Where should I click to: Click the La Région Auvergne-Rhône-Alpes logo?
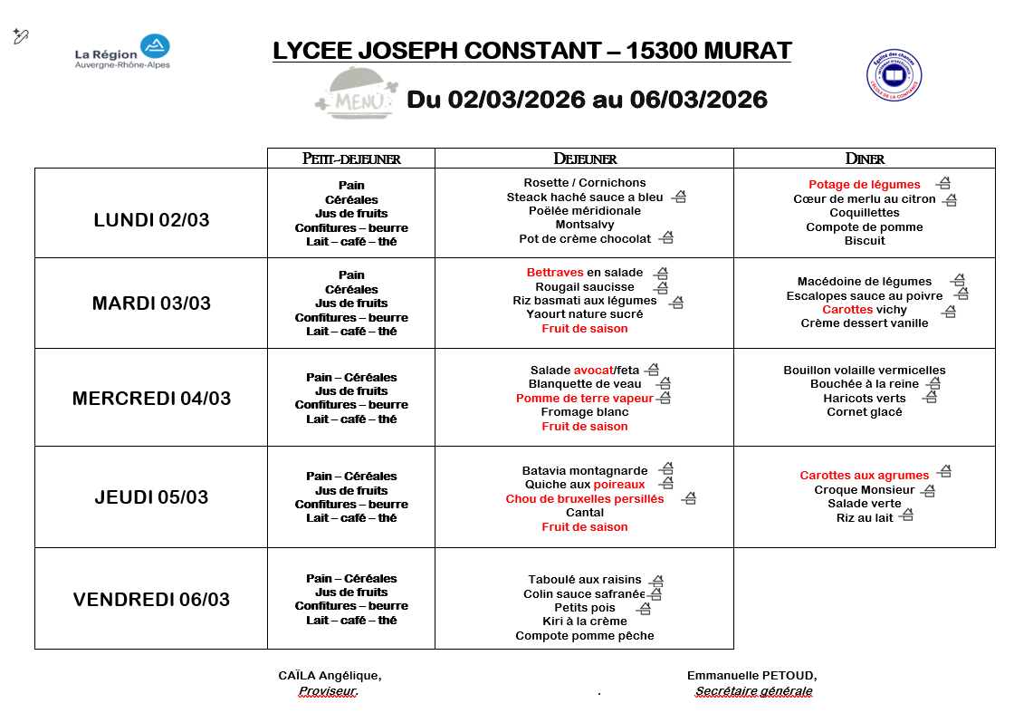pyautogui.click(x=122, y=53)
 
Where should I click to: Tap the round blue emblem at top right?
pyautogui.click(x=894, y=74)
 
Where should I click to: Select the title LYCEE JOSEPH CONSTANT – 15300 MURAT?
pyautogui.click(x=531, y=51)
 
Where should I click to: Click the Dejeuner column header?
pyautogui.click(x=584, y=159)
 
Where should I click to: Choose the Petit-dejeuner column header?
pyautogui.click(x=351, y=159)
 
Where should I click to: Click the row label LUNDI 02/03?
pyautogui.click(x=151, y=220)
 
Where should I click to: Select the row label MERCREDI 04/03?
pyautogui.click(x=151, y=398)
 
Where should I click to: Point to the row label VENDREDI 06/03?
pyautogui.click(x=151, y=599)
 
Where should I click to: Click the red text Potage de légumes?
pyautogui.click(x=864, y=185)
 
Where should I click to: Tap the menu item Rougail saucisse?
pyautogui.click(x=585, y=287)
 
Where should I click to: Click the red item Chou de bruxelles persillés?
pyautogui.click(x=584, y=499)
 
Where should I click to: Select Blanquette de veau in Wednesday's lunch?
pyautogui.click(x=585, y=384)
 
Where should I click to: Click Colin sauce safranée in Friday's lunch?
pyautogui.click(x=584, y=594)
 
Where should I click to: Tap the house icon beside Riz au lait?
pyautogui.click(x=906, y=515)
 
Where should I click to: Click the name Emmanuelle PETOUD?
pyautogui.click(x=751, y=676)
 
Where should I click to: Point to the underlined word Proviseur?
pyautogui.click(x=328, y=691)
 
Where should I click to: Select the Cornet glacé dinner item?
pyautogui.click(x=864, y=412)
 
